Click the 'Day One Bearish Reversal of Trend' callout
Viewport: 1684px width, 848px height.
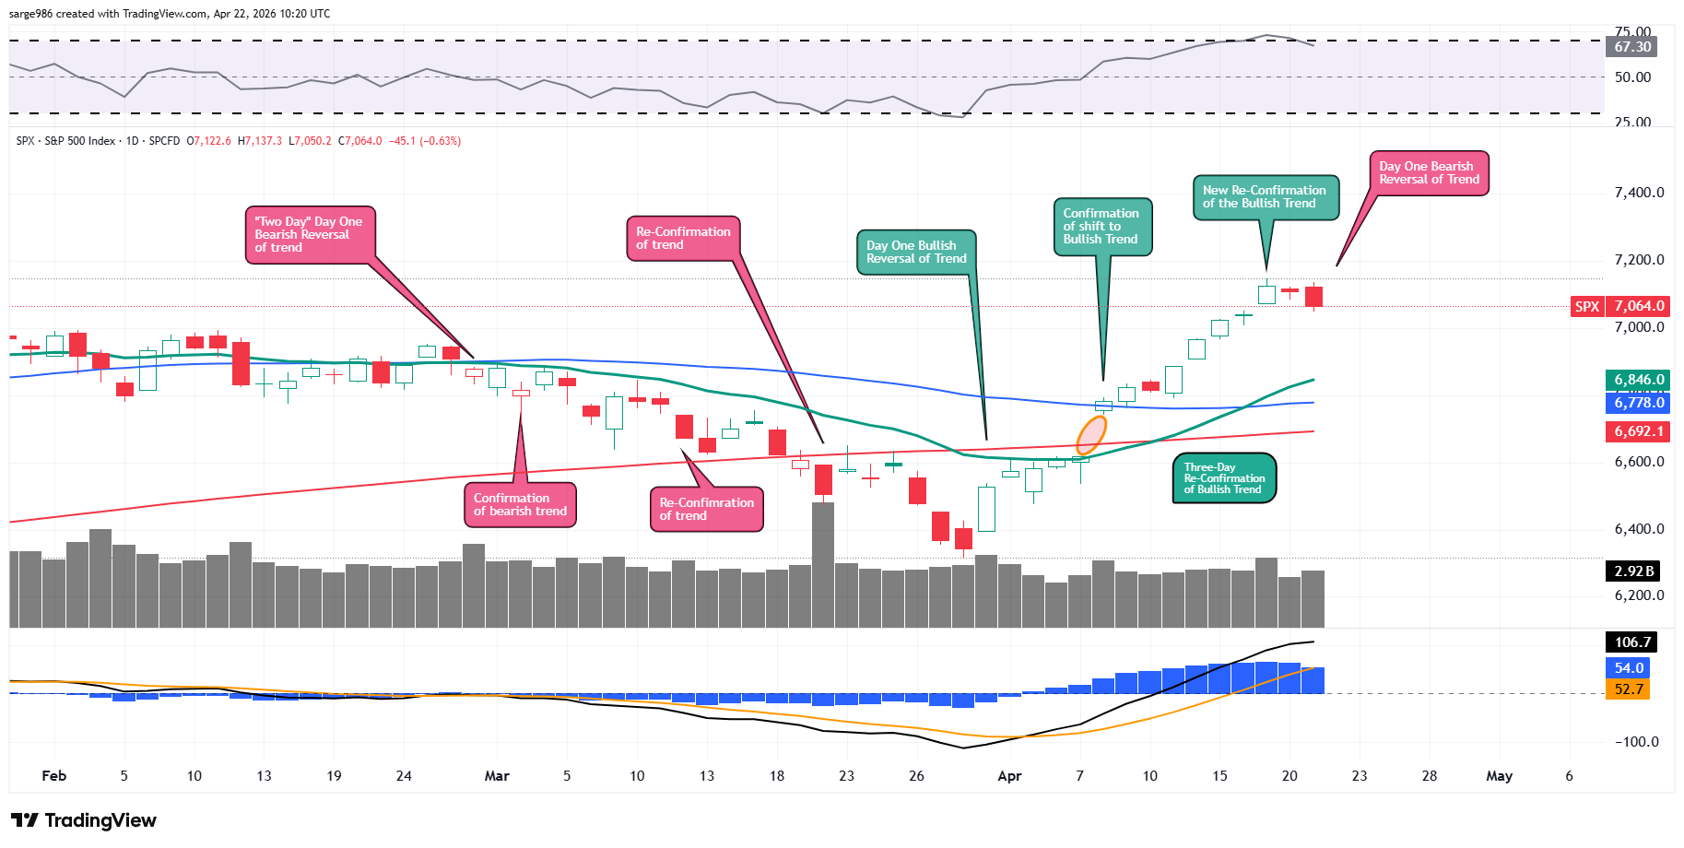(1429, 173)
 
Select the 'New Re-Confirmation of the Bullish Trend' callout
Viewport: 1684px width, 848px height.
(1265, 197)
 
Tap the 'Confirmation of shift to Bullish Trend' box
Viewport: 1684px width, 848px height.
(1101, 226)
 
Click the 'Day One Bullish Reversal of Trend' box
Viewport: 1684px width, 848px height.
(916, 252)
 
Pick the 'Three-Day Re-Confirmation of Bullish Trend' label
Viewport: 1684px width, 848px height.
(1224, 478)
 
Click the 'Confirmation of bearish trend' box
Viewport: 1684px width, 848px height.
(520, 505)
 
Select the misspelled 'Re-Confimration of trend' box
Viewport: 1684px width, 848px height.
(706, 509)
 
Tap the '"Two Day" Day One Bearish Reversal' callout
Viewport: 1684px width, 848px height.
(309, 234)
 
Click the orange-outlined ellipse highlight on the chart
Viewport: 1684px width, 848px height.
(1091, 435)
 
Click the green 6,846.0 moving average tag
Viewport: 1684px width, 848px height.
(1639, 380)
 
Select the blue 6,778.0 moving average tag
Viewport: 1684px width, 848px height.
(1639, 403)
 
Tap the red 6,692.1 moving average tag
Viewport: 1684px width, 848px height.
(1639, 431)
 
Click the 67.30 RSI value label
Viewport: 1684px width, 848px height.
(1632, 47)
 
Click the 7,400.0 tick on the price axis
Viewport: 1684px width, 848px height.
(1639, 193)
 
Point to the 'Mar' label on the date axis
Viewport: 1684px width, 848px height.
(497, 776)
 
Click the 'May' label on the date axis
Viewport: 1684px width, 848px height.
(1499, 776)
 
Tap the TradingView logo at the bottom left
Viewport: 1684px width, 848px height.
(84, 820)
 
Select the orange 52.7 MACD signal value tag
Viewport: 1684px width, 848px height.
(1629, 689)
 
